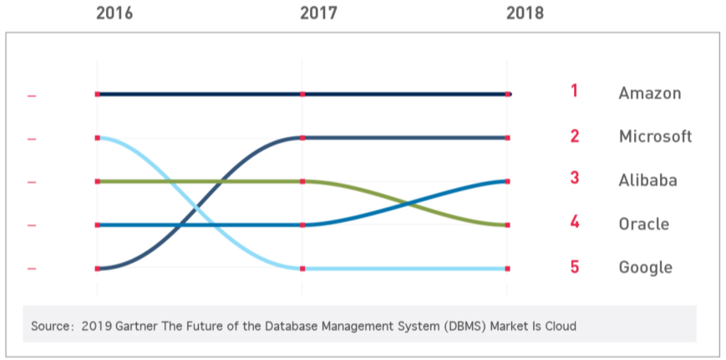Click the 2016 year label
point(114,13)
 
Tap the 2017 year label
point(318,13)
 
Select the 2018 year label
point(525,13)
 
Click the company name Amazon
point(649,94)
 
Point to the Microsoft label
point(655,137)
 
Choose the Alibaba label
point(647,180)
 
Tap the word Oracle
point(643,224)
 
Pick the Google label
point(645,267)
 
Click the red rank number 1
point(574,91)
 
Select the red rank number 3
point(574,178)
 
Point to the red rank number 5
point(574,267)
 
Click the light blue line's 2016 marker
point(98,138)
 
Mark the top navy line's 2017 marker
point(302,94)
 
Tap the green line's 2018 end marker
point(507,225)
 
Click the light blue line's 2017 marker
point(302,268)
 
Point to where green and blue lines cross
point(407,203)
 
